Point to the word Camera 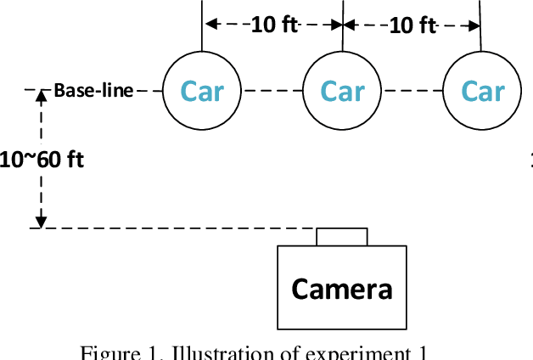coord(342,290)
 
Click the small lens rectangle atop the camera coord(342,236)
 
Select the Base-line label coord(93,90)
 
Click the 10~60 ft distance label coord(42,159)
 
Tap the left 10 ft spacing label coord(273,25)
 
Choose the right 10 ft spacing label coord(412,25)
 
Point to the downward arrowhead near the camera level coord(39,222)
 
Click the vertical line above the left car coord(203,25)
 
